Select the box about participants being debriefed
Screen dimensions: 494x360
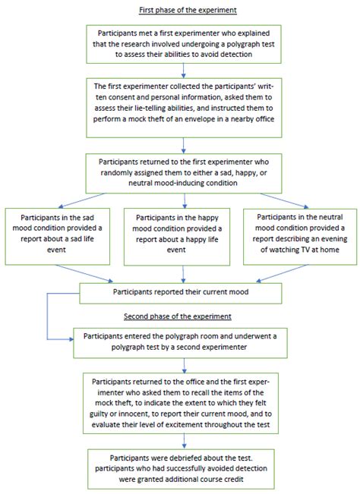pos(180,470)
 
